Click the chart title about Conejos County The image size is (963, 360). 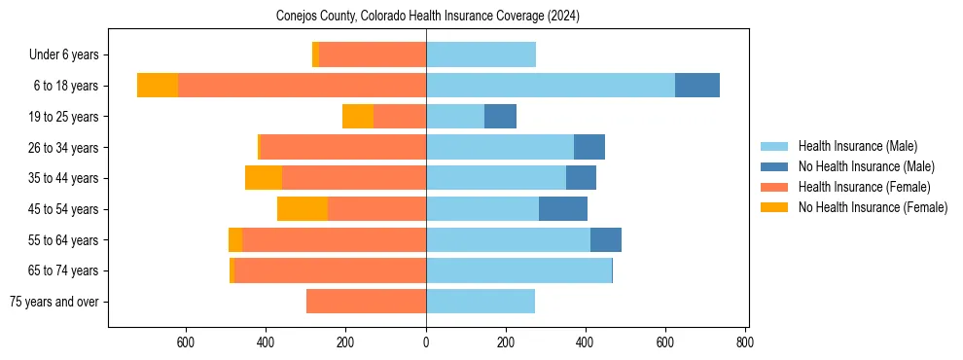point(426,17)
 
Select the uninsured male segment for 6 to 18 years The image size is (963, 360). point(696,86)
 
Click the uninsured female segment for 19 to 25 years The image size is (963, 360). point(358,117)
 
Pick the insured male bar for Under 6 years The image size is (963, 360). point(481,54)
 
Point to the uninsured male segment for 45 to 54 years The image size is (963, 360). point(563,209)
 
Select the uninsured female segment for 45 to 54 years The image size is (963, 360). point(303,209)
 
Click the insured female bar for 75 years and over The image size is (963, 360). point(366,302)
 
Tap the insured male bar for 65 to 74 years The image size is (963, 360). point(518,270)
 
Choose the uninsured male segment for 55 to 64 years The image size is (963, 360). point(606,240)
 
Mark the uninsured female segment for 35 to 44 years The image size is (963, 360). point(264,178)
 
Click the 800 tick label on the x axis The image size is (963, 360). point(745,342)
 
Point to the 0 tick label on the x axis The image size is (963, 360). point(426,342)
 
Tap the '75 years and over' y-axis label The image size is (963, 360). point(53,302)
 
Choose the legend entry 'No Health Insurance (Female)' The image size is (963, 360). point(872,207)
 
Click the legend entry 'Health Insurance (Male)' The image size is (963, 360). point(857,146)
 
